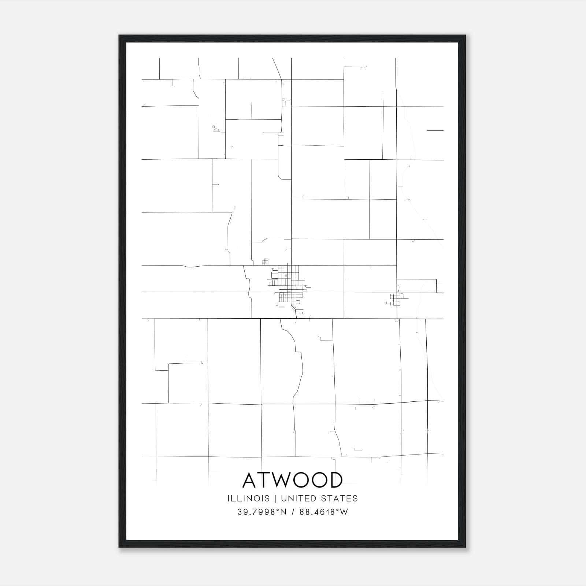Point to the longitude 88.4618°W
click(x=323, y=512)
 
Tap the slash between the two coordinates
click(x=293, y=512)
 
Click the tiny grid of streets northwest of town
click(x=266, y=262)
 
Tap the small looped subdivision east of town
click(x=395, y=299)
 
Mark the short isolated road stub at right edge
click(x=435, y=130)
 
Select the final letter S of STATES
click(x=355, y=498)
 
